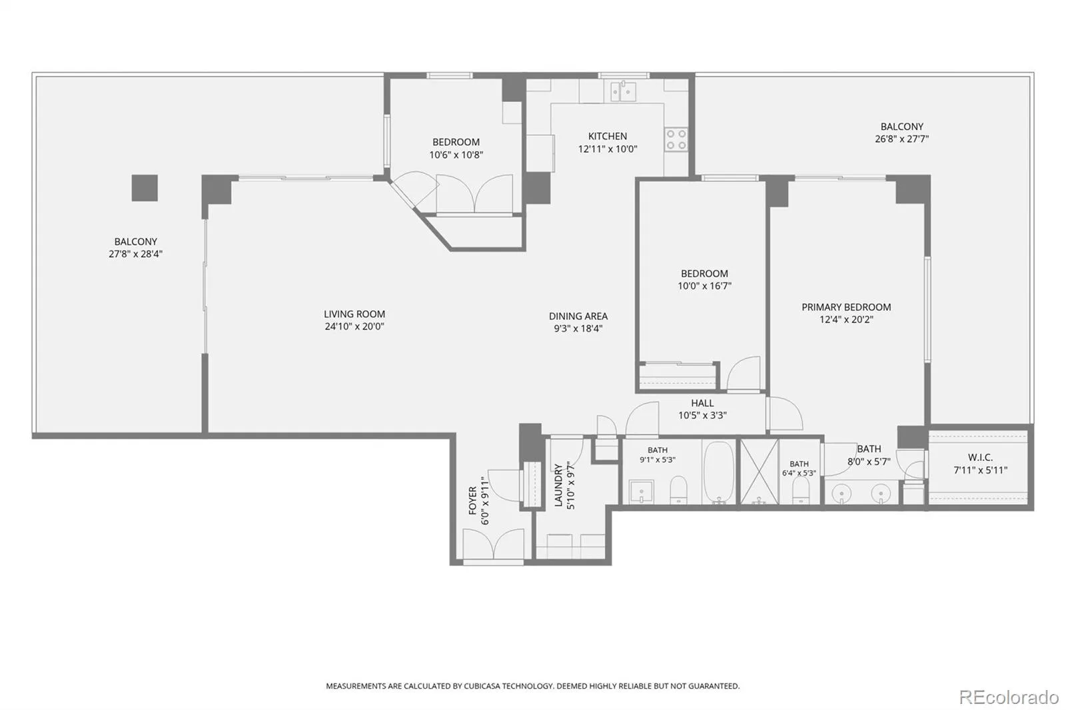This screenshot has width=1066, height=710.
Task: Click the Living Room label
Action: point(354,314)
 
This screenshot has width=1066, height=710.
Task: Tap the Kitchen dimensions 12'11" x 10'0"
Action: point(607,149)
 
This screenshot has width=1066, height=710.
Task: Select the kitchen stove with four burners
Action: point(676,139)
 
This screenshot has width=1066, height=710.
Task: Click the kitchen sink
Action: point(623,91)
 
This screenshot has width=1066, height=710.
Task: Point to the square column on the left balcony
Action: point(145,188)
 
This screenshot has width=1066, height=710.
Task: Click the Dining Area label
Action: point(578,316)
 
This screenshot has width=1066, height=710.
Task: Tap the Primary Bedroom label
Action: point(846,308)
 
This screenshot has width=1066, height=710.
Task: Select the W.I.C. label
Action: point(980,458)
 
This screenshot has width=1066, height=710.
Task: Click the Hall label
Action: point(702,403)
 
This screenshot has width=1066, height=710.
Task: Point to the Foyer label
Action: point(472,500)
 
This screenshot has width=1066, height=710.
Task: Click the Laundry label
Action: point(558,485)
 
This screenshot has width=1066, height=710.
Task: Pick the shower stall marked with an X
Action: point(759,472)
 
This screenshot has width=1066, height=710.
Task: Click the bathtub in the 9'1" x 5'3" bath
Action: point(719,472)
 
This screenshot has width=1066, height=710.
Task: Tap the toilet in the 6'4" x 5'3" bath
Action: point(800,490)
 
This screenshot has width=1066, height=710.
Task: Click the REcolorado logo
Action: point(1009,697)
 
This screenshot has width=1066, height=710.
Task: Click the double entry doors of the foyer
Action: point(493,544)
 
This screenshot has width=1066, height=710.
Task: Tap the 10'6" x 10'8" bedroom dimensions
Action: point(456,155)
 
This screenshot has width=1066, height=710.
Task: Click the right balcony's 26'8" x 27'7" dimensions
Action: point(901,139)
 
